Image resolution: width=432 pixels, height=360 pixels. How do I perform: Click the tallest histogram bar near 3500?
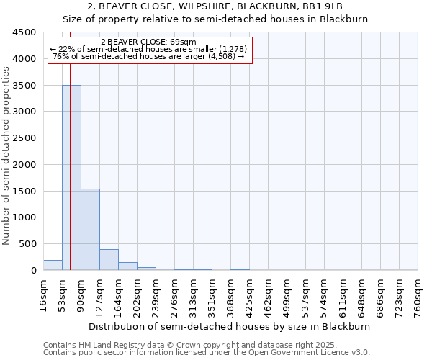[x=71, y=177]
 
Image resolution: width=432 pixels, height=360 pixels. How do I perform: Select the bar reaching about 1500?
[x=90, y=229]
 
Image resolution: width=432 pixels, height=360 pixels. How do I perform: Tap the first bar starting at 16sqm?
[x=53, y=265]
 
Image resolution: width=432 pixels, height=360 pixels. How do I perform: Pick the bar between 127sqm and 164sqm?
[x=109, y=260]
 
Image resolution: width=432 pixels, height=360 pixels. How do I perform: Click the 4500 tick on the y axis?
[x=22, y=32]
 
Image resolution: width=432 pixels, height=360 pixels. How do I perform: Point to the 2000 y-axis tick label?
[x=22, y=165]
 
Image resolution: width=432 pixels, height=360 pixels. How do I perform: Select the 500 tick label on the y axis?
[x=27, y=244]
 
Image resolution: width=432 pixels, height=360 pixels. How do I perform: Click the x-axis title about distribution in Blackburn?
[x=230, y=326]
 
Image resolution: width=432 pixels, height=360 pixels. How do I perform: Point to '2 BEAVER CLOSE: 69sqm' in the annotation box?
[x=148, y=42]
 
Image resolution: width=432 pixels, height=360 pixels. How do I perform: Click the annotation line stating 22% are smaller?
[x=148, y=49]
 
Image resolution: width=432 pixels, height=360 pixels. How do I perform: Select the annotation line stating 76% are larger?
[x=148, y=57]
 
